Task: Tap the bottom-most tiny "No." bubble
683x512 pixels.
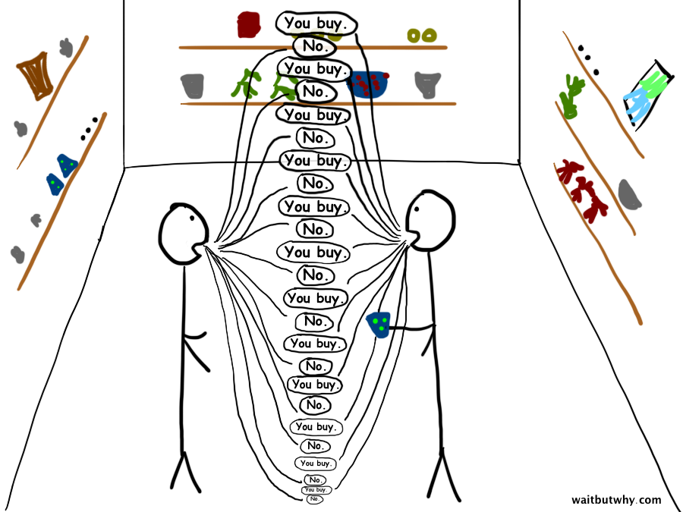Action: click(315, 499)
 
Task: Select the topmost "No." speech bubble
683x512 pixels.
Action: click(313, 46)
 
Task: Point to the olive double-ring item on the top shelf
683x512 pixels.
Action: click(421, 35)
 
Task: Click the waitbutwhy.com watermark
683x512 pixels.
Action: click(615, 500)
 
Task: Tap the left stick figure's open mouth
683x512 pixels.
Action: click(199, 247)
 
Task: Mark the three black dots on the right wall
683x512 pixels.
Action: click(587, 60)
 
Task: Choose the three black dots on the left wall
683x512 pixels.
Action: click(89, 130)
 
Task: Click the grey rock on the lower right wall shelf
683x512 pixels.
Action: click(629, 194)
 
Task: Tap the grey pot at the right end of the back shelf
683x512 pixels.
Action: click(427, 84)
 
